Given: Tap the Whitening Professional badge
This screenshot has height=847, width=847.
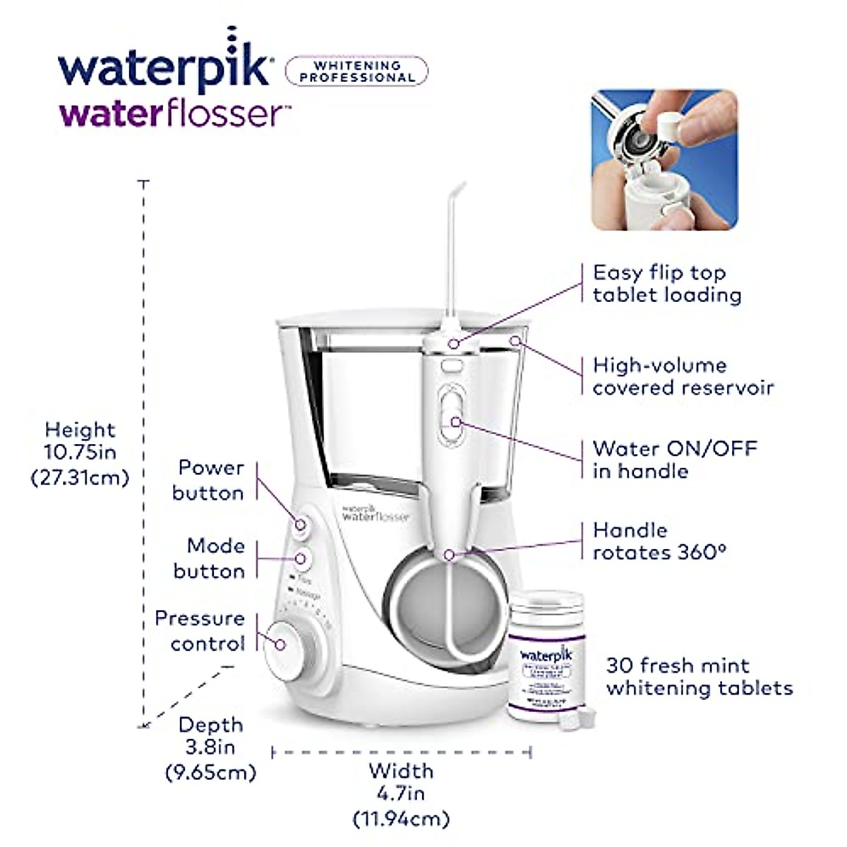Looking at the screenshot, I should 356,71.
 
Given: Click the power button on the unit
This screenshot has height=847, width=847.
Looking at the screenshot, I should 301,524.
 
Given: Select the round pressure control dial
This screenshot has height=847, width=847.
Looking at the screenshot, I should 282,644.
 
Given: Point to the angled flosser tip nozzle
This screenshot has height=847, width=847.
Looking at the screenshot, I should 452,240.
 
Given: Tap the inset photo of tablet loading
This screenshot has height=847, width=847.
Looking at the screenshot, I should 664,160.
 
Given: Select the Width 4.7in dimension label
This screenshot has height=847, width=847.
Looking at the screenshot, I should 401,794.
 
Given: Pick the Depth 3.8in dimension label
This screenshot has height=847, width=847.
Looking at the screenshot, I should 210,748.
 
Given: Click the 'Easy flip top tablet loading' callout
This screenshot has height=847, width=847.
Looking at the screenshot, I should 666,283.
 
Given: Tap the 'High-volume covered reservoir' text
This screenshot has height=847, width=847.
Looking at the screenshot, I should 683,376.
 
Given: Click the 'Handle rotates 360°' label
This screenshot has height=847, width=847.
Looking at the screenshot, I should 659,541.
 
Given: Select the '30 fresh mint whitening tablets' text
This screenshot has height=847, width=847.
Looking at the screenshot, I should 699,676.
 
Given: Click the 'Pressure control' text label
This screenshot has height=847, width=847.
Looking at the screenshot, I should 200,630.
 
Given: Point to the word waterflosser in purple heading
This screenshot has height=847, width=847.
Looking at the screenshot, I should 173,113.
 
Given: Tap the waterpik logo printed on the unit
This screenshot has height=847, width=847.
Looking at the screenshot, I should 375,512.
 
